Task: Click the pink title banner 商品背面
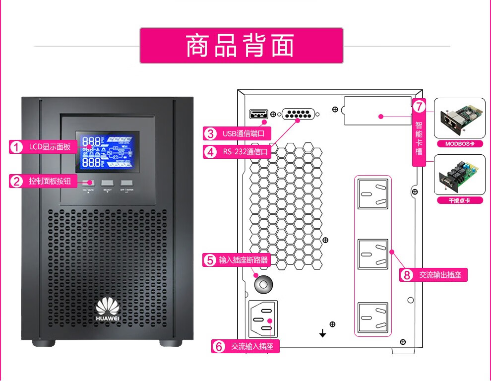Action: [241, 46]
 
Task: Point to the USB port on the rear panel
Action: [259, 114]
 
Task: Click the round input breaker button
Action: [263, 285]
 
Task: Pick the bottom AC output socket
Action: [373, 317]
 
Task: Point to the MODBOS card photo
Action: [459, 118]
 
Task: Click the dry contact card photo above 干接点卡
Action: [459, 175]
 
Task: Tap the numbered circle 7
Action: [419, 106]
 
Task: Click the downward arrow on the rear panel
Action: [323, 333]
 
